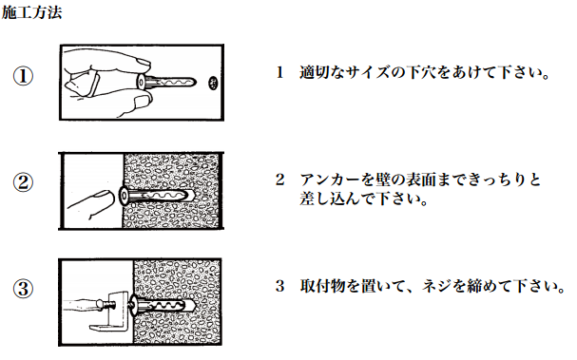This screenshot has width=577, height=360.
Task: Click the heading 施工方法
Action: click(31, 12)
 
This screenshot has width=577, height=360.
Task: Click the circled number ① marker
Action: click(23, 76)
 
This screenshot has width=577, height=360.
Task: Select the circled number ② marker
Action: click(23, 182)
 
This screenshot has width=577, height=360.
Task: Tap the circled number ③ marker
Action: click(23, 289)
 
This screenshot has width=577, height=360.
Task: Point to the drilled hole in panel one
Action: click(213, 83)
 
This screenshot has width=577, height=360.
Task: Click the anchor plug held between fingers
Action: click(166, 82)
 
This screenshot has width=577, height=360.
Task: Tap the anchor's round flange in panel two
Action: click(124, 196)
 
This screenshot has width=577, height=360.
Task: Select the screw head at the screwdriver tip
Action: click(100, 305)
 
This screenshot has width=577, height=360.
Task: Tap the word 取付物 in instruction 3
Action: click(323, 286)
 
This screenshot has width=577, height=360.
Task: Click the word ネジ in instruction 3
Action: click(436, 286)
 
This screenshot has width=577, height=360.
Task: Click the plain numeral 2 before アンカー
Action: click(280, 180)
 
